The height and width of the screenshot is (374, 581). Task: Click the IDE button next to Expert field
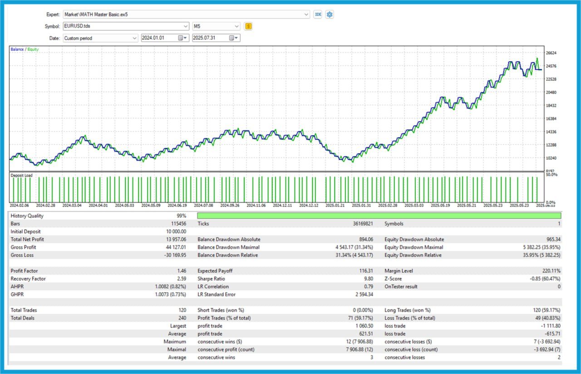(x=318, y=15)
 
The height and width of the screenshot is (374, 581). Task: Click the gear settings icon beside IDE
(x=330, y=15)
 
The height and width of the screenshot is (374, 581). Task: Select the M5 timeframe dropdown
(x=216, y=26)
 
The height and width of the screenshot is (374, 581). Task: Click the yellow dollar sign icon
(x=248, y=26)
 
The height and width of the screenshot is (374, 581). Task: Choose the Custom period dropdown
(x=100, y=38)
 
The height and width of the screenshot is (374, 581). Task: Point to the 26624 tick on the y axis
(x=551, y=53)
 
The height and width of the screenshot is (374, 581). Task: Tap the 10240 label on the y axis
(x=551, y=158)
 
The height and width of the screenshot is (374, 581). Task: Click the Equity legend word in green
(x=33, y=49)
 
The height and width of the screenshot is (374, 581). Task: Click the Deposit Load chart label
(x=22, y=175)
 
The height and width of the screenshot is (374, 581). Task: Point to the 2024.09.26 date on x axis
(x=230, y=206)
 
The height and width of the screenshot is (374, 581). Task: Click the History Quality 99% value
(x=182, y=216)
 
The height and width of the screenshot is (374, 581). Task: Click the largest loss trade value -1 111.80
(x=548, y=326)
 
